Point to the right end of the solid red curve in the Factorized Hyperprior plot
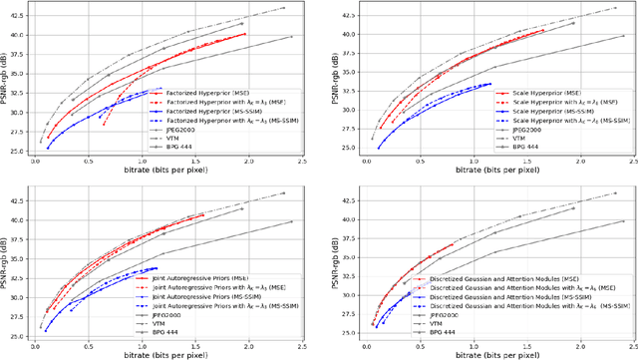[x=245, y=34]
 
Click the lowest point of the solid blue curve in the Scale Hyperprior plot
[x=378, y=148]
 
